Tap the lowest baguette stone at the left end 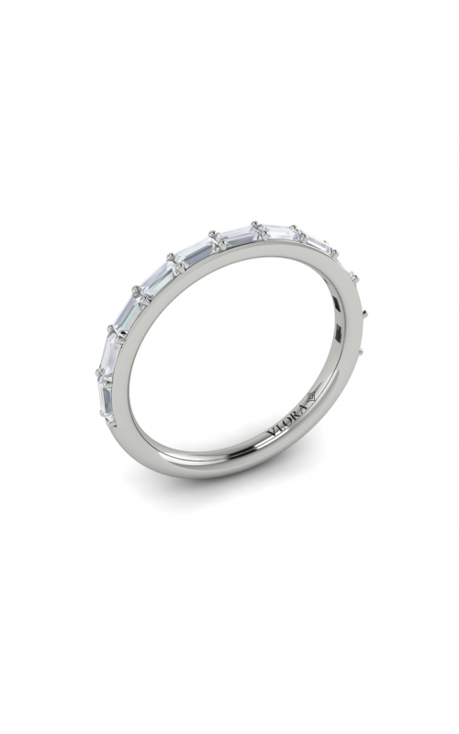click(105, 396)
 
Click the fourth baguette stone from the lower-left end click(157, 277)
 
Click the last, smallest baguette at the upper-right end click(318, 243)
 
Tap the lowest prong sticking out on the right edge click(369, 351)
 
